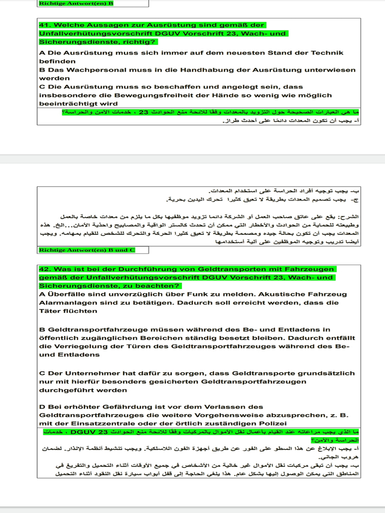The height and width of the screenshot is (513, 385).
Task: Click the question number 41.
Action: click(x=45, y=25)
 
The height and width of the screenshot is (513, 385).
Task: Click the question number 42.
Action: click(x=45, y=269)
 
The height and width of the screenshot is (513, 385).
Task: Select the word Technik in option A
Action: click(x=326, y=53)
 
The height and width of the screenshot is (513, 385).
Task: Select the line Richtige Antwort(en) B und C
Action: click(x=87, y=250)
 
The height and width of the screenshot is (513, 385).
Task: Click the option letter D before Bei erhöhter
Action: click(x=42, y=407)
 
